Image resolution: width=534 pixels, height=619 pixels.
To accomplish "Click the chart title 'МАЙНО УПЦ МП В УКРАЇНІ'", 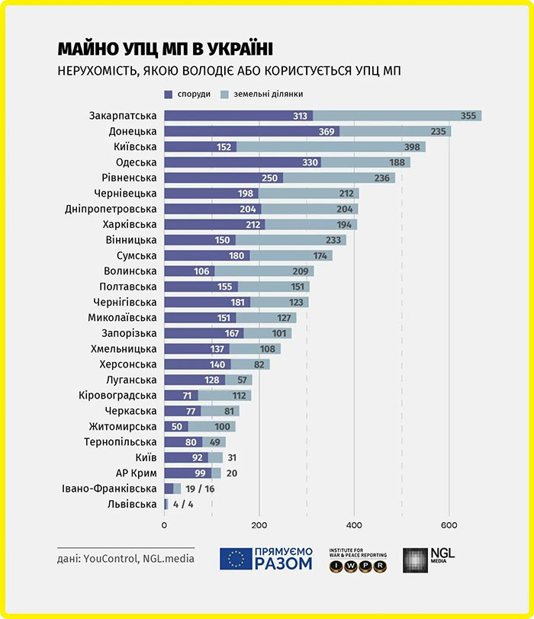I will [x=164, y=48].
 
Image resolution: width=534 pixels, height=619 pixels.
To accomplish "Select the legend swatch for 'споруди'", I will [x=169, y=94].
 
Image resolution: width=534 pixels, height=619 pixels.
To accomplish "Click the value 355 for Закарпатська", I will [x=470, y=116].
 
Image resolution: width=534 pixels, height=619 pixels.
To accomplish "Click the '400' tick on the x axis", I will [x=354, y=524].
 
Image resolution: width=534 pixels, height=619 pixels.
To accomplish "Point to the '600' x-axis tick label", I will [x=449, y=524].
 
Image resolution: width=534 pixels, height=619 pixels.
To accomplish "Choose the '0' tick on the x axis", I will [x=164, y=524].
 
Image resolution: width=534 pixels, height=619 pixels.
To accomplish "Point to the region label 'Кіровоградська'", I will [x=117, y=395].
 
